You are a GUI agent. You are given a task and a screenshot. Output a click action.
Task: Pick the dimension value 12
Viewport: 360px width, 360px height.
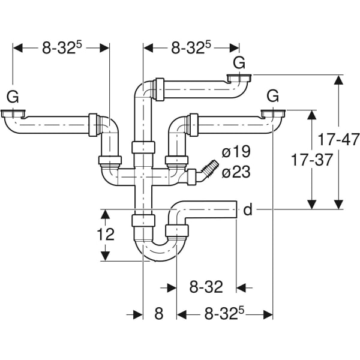[106, 235]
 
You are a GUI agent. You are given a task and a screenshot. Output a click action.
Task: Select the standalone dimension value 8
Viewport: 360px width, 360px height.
[159, 314]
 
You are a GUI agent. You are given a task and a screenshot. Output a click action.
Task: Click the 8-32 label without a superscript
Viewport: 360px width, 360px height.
[206, 287]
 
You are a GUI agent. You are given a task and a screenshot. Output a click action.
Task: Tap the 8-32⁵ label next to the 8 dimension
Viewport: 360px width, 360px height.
[225, 314]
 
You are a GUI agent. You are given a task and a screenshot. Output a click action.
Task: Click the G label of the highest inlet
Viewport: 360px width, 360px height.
[239, 62]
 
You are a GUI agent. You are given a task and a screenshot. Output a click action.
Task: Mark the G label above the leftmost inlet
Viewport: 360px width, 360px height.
[12, 95]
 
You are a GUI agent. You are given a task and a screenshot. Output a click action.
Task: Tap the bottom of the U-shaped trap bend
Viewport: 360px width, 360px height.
[159, 257]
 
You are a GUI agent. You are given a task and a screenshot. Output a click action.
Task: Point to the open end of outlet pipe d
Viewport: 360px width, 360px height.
[236, 209]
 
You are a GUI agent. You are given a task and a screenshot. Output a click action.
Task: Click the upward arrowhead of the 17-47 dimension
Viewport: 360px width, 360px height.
[339, 80]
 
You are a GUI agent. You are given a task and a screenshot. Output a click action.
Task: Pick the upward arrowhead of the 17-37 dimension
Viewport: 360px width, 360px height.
[312, 115]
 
